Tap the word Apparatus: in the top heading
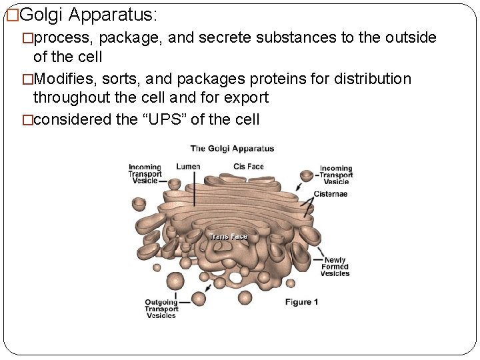coord(113,14)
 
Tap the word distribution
coord(371,79)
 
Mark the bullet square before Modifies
coord(27,79)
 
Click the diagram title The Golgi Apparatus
coord(232,149)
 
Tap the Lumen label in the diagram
coord(188,166)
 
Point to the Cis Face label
coord(249,166)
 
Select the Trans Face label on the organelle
coord(229,237)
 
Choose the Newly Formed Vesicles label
coord(335,267)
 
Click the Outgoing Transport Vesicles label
coord(162,309)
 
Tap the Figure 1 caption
coord(301,302)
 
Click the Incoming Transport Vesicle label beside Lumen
coord(145,173)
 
